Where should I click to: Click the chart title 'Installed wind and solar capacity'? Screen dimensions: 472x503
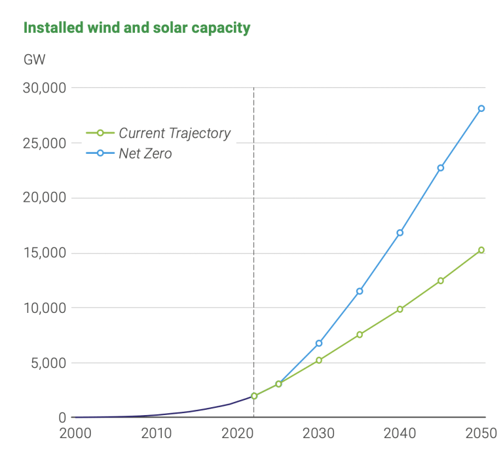tap(137, 27)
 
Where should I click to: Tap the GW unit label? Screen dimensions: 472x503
tap(34, 60)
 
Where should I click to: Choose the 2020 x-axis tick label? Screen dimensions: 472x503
tap(236, 433)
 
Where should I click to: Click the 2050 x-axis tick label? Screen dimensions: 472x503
tap(481, 433)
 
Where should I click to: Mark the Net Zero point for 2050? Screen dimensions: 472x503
tap(481, 109)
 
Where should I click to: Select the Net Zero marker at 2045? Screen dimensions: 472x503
tap(441, 168)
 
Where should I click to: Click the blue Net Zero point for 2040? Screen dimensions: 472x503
tap(400, 232)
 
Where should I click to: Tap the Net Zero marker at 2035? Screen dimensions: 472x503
tap(360, 291)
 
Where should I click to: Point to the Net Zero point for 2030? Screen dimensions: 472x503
tap(319, 343)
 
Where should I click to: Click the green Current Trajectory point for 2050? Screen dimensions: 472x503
tap(481, 249)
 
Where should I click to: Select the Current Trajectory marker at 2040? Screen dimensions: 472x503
tap(400, 309)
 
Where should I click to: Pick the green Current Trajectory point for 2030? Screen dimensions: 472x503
tap(319, 360)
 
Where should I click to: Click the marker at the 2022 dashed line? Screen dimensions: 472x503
tap(254, 396)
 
